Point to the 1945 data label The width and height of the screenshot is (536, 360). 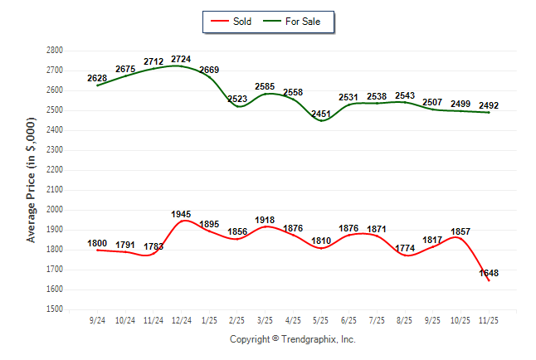(182, 214)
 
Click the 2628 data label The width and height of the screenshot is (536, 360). (97, 78)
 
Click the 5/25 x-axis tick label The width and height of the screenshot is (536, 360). (322, 319)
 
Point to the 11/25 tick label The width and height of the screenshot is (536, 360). (490, 319)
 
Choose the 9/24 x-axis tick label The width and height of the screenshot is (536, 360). (98, 319)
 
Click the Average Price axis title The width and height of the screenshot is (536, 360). (32, 178)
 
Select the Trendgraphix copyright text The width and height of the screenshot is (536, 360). (292, 339)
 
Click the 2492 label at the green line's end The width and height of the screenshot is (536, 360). (489, 105)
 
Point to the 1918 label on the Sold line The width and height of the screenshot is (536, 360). (265, 220)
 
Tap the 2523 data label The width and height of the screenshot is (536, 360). (237, 100)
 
